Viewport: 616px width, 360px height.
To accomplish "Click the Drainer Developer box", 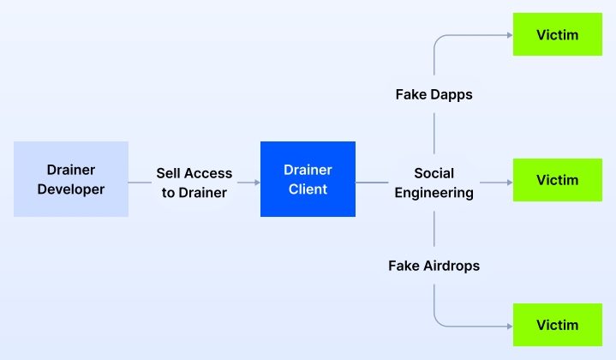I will pyautogui.click(x=71, y=178).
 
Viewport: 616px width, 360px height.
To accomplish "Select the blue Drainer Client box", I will pyautogui.click(x=308, y=179).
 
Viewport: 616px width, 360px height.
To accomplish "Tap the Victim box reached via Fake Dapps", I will pyautogui.click(x=557, y=35).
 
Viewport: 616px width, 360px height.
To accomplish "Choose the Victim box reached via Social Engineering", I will pyautogui.click(x=557, y=180).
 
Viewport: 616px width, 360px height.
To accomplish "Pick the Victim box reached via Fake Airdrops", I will pyautogui.click(x=557, y=325).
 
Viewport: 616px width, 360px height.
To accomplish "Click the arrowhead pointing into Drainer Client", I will pyautogui.click(x=255, y=182).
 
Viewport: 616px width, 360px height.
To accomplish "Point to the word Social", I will pyautogui.click(x=434, y=173).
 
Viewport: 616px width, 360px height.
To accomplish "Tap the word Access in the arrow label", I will pyautogui.click(x=209, y=173).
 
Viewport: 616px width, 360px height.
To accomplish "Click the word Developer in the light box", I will pyautogui.click(x=71, y=189).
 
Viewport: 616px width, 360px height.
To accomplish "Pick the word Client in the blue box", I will pyautogui.click(x=308, y=189).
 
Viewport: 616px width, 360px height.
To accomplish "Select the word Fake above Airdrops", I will pyautogui.click(x=404, y=266).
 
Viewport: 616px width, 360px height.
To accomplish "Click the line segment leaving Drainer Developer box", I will pyautogui.click(x=140, y=182).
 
